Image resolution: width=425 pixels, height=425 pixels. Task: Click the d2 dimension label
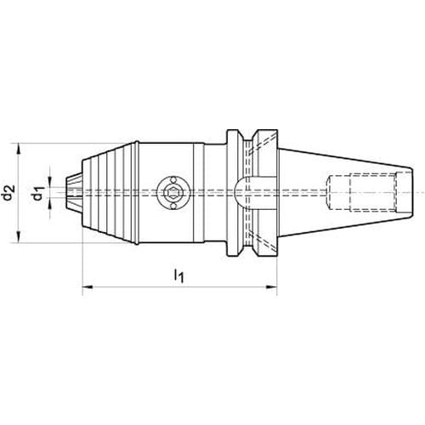pyautogui.click(x=8, y=192)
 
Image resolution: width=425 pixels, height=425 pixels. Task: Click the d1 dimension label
pyautogui.click(x=39, y=192)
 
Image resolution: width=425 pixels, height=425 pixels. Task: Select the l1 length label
pyautogui.click(x=178, y=275)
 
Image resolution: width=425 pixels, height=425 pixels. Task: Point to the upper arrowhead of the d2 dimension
pyautogui.click(x=19, y=149)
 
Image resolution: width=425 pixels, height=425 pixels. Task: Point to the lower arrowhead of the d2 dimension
pyautogui.click(x=19, y=237)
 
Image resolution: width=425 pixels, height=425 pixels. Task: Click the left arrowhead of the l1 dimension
pyautogui.click(x=88, y=287)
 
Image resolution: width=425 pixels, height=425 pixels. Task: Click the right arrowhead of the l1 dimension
pyautogui.click(x=271, y=287)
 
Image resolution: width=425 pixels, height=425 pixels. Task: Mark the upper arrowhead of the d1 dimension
pyautogui.click(x=50, y=181)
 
